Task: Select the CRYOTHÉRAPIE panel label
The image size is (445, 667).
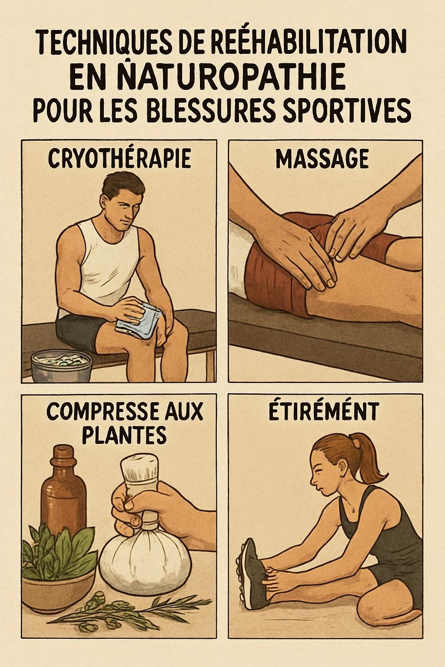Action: [x=119, y=158]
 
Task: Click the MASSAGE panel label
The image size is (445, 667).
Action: [x=322, y=158]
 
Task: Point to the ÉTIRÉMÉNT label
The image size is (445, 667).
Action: [x=323, y=412]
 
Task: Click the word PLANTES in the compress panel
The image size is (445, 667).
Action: [x=124, y=434]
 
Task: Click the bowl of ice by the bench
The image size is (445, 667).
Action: [x=61, y=363]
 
